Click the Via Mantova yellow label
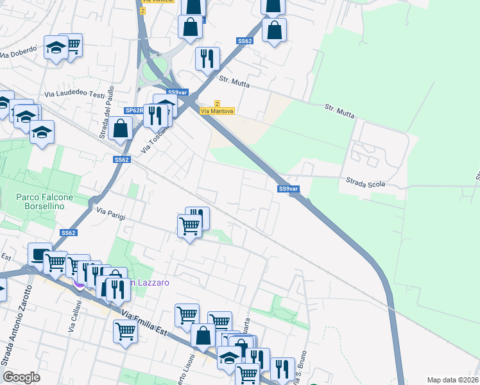click(x=217, y=111)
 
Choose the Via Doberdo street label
click(x=18, y=55)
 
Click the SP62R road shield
click(x=133, y=110)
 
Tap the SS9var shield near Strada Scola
click(x=288, y=189)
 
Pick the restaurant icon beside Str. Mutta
click(x=207, y=58)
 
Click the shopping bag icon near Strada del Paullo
click(x=121, y=128)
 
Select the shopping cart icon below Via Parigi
click(x=189, y=225)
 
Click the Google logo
click(x=21, y=377)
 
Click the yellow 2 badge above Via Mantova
click(x=217, y=103)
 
